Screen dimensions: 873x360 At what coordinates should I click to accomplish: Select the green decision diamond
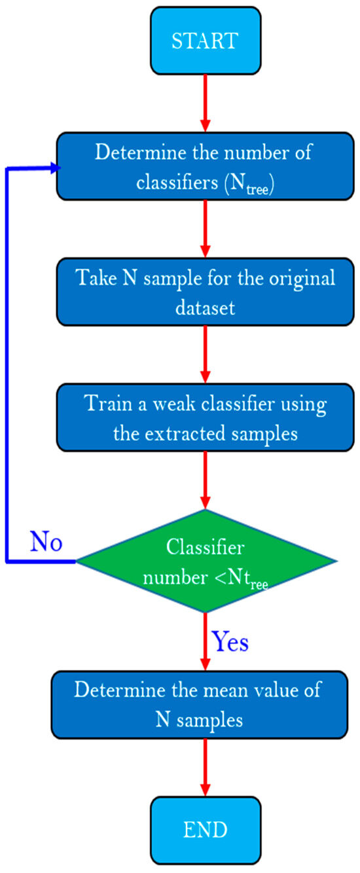pos(207,560)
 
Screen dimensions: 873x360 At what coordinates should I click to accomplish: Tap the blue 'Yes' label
pos(230,643)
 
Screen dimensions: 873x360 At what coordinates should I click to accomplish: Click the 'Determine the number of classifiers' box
pos(206,168)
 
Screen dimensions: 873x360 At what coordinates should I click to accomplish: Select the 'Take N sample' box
pos(206,291)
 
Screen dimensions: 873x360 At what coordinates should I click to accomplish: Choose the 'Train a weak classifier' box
pos(206,416)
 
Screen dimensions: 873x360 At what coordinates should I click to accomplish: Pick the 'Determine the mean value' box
pos(206,705)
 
